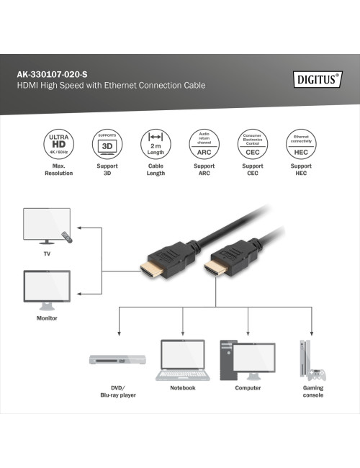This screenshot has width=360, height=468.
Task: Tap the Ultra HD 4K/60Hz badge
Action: tap(58, 143)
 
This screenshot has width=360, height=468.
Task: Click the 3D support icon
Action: tap(107, 143)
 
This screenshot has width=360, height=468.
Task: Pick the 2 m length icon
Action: tap(155, 143)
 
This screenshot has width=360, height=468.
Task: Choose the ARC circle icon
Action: tap(204, 143)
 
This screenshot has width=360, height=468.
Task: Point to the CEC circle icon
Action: tap(252, 143)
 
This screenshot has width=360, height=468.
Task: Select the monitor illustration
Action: tap(47, 289)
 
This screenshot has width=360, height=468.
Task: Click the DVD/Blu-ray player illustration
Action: tap(117, 359)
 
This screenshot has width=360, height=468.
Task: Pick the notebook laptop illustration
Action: tap(182, 359)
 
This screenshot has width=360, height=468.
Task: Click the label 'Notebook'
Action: tap(182, 388)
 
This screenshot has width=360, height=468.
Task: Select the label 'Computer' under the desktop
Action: tap(248, 388)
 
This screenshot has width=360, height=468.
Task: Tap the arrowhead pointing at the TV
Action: tap(78, 229)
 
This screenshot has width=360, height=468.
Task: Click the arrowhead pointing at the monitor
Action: tap(78, 294)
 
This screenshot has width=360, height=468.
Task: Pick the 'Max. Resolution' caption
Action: tap(58, 170)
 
